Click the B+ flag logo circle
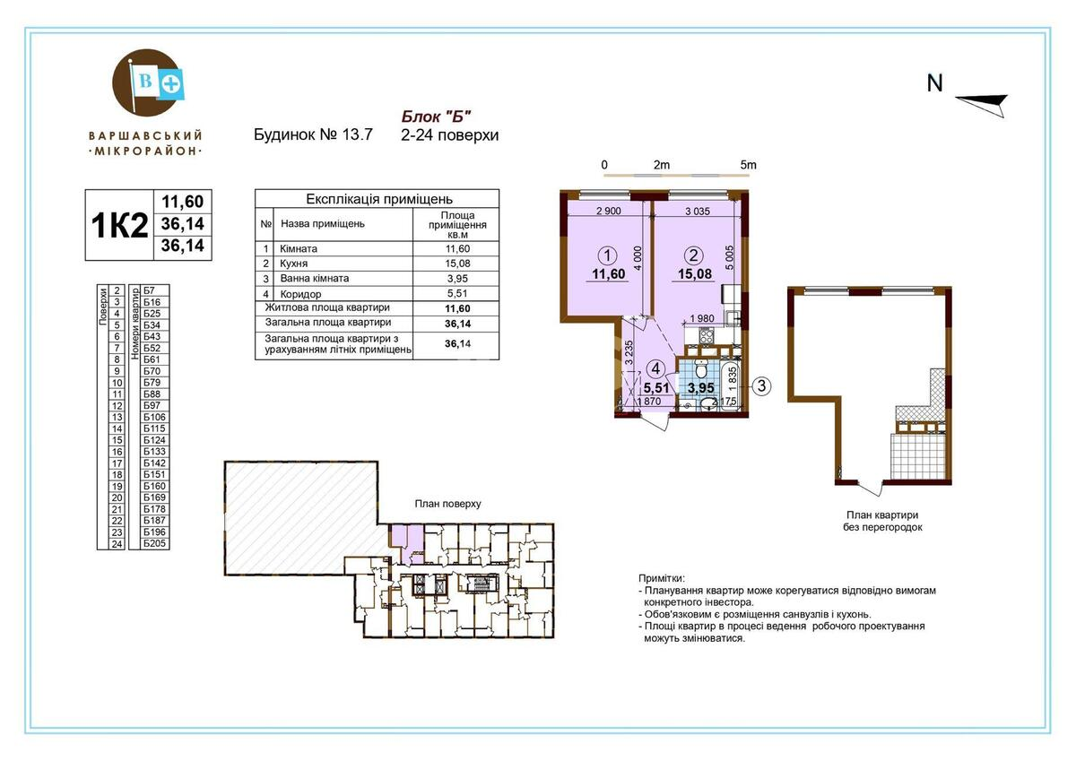coord(146,84)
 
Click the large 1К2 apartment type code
coord(119,225)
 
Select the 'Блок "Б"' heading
coord(435,116)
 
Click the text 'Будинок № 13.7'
coord(314,135)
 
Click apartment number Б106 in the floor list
coord(154,418)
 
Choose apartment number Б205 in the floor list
coord(154,543)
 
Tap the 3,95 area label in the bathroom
coord(702,388)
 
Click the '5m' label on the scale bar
coord(748,165)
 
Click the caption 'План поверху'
coord(447,504)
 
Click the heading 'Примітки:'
coord(662,579)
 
